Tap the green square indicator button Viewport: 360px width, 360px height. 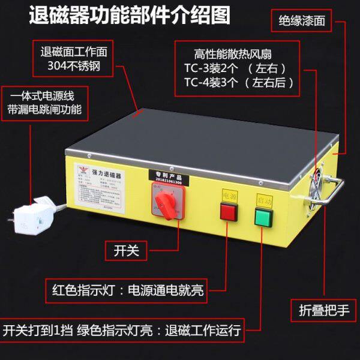pos(263,217)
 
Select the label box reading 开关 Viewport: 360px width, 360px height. pos(126,250)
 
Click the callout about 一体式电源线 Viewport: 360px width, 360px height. pos(44,103)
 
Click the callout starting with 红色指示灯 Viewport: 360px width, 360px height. pos(127,291)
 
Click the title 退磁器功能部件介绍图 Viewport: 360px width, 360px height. pos(129,16)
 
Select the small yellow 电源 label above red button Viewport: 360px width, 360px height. pos(230,196)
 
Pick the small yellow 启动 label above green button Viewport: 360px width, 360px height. pos(263,198)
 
